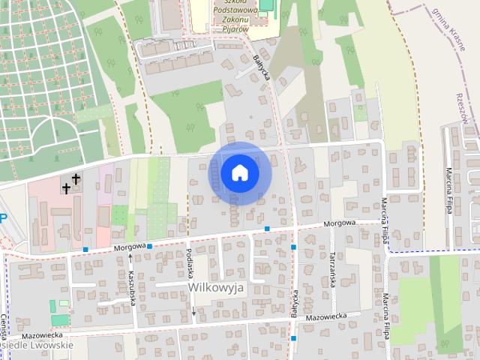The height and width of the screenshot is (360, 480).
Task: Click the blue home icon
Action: pos(239,172)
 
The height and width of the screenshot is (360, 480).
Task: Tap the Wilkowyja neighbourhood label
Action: pos(217,287)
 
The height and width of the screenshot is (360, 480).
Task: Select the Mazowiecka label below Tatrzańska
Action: pos(326,317)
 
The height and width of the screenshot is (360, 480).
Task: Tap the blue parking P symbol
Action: pos(3,218)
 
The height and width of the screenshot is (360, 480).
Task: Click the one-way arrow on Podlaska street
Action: pos(193,310)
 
